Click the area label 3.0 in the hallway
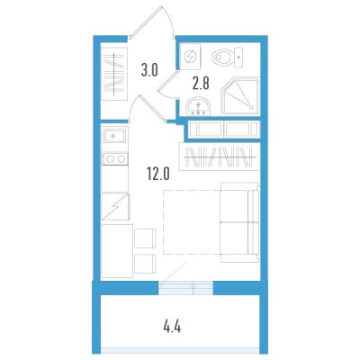click(x=149, y=70)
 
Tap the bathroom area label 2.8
click(x=201, y=83)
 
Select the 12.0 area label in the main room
click(x=158, y=174)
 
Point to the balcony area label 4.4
click(x=172, y=327)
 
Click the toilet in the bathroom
click(x=228, y=57)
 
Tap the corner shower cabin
click(x=240, y=96)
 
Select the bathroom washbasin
click(x=198, y=107)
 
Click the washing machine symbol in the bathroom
click(x=190, y=56)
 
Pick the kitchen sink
click(x=115, y=136)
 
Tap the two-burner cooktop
click(x=115, y=159)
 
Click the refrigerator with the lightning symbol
click(x=116, y=207)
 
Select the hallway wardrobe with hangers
click(x=114, y=75)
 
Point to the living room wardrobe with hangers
click(x=220, y=157)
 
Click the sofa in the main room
click(x=239, y=222)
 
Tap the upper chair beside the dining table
click(x=145, y=238)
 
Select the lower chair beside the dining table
click(x=145, y=264)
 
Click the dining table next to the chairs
click(x=117, y=251)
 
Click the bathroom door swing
click(x=168, y=85)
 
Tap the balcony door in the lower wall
click(x=185, y=288)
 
